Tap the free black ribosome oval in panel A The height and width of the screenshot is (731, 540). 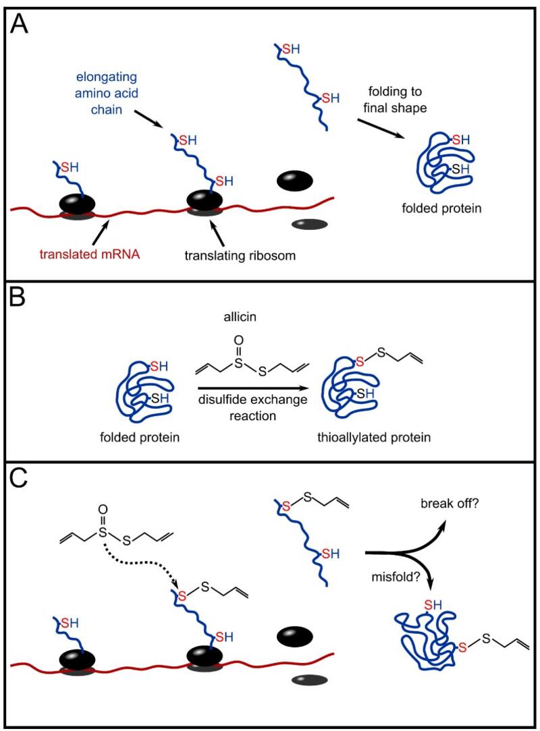294,180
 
